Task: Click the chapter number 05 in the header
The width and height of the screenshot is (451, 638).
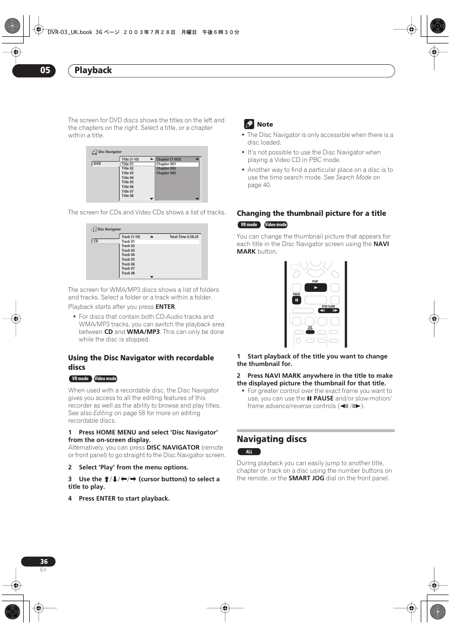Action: (45, 70)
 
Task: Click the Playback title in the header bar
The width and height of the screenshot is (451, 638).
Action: (93, 70)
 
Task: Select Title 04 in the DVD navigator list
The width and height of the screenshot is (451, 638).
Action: (128, 178)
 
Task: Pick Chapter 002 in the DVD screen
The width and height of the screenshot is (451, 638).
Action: (166, 169)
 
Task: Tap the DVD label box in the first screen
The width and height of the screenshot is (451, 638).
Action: (105, 164)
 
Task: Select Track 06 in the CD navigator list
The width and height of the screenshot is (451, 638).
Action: (128, 264)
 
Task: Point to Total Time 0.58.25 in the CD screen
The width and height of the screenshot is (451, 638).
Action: (184, 237)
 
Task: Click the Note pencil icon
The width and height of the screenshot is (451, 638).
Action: (249, 124)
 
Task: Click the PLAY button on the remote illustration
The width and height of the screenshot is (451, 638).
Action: (315, 287)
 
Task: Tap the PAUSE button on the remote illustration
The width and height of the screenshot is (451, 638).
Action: (296, 300)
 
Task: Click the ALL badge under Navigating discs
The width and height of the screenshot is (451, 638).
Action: (249, 452)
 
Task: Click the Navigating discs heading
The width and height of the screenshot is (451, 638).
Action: (271, 439)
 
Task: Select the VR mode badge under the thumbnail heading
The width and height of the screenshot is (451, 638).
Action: (249, 225)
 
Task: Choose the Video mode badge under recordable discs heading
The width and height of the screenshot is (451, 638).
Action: (105, 379)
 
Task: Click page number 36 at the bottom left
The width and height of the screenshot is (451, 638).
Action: (43, 561)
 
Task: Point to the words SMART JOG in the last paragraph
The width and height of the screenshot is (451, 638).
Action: (306, 478)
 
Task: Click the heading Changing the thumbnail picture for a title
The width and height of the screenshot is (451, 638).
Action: (311, 213)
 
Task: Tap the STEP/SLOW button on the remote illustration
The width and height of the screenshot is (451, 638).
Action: (329, 310)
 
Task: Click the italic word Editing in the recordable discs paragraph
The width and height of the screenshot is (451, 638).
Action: (103, 413)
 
